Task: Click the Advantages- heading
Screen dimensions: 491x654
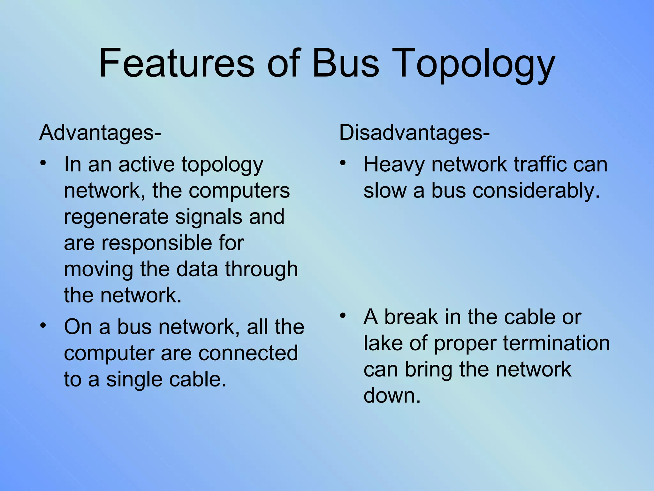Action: tap(100, 133)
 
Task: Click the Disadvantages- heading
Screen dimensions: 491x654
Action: tap(414, 133)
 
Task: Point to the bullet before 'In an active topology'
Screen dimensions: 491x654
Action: tap(43, 163)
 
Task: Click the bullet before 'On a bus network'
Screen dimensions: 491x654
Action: tap(43, 325)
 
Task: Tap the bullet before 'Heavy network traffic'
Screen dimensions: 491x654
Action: tap(343, 163)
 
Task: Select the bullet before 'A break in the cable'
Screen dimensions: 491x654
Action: tap(343, 316)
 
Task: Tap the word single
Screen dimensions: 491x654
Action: tap(134, 380)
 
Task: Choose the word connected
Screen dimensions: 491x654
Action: tap(248, 354)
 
